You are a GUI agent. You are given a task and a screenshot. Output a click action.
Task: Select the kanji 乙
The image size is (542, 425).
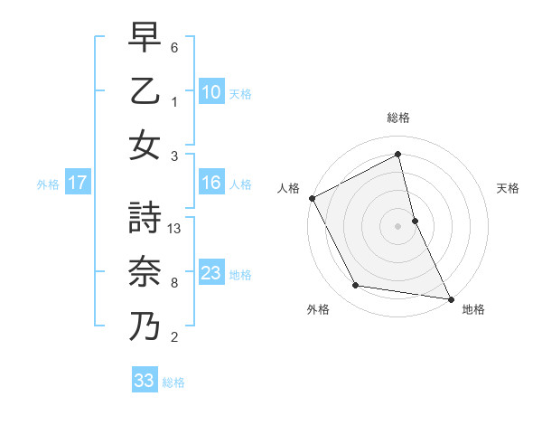pos(145,92)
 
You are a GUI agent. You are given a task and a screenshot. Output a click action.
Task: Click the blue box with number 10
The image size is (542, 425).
pos(211,91)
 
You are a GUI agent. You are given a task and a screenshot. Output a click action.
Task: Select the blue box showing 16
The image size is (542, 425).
pos(211,184)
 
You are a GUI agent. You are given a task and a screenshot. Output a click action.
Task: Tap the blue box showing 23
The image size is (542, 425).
pos(211,273)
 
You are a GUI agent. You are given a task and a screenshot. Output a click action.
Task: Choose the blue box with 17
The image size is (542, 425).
pos(77,184)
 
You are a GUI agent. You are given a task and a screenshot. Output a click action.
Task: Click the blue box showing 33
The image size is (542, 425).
pos(145,381)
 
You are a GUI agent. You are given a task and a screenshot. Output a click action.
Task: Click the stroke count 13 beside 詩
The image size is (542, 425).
pos(175,230)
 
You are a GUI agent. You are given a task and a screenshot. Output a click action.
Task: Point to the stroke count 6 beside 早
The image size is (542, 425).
pos(175,47)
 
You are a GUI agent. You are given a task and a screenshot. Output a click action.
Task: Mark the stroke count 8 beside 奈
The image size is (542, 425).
pos(175,283)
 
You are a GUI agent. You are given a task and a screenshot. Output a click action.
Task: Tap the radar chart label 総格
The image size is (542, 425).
pos(398,118)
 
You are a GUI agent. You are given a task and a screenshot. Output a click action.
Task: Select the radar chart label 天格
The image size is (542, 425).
pos(509,188)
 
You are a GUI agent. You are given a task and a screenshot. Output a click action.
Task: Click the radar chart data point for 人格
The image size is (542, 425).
pos(312,197)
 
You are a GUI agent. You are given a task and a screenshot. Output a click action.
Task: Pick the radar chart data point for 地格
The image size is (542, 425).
pos(451,297)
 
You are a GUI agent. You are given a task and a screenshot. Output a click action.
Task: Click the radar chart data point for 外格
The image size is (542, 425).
pos(356,286)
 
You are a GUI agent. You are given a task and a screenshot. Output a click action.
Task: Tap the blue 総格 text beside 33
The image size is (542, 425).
pos(173,382)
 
